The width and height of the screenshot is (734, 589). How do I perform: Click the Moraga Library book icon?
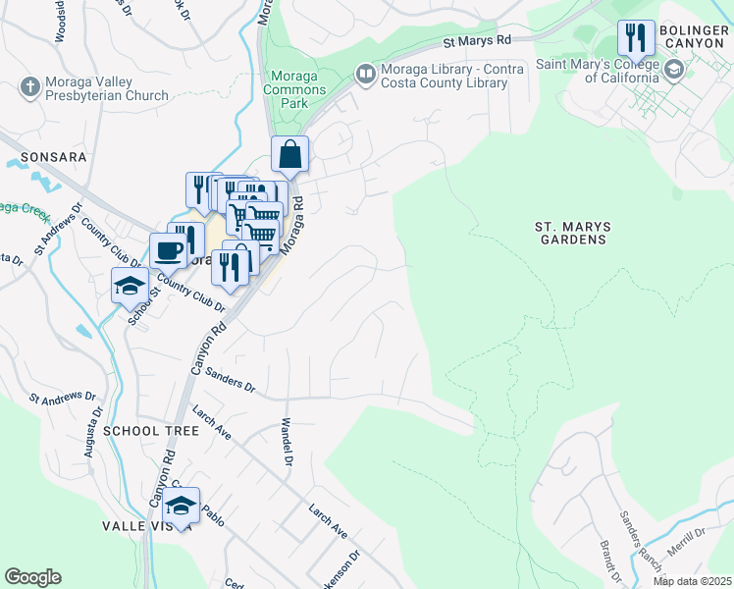click(x=365, y=75)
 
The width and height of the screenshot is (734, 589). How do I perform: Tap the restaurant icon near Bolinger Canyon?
click(x=636, y=38)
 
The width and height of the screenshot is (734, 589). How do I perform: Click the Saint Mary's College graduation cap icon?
click(x=674, y=70)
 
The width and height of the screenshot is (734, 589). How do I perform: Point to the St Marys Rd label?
click(x=478, y=41)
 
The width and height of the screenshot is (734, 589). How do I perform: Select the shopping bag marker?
click(x=290, y=154)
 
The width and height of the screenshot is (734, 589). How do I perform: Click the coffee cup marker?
click(x=168, y=251)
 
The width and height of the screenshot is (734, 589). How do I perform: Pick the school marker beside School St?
click(x=130, y=286)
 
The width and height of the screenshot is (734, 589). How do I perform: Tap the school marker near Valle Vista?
click(x=181, y=506)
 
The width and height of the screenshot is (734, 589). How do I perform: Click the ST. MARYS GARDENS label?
click(x=572, y=233)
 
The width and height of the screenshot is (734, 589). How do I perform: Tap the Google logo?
click(x=32, y=577)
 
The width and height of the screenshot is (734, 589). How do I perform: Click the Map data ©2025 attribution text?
click(x=692, y=581)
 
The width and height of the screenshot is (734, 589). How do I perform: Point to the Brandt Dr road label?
click(x=611, y=560)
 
